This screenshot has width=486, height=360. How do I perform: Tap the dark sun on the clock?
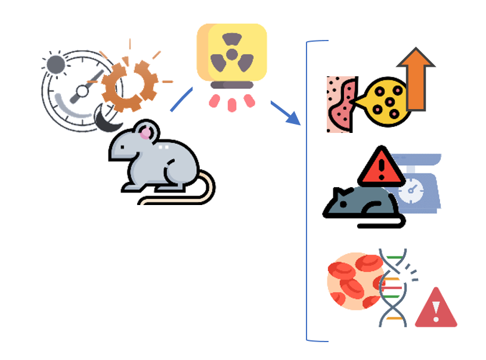(55, 64)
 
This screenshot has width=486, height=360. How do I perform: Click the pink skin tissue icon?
(340, 104)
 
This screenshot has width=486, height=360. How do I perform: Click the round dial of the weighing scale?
(411, 191)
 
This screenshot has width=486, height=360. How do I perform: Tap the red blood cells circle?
(355, 281)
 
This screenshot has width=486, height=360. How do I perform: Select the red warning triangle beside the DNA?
(436, 309)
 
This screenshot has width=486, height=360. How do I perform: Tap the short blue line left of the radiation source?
(181, 99)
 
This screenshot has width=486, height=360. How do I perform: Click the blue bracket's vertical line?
(308, 191)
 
